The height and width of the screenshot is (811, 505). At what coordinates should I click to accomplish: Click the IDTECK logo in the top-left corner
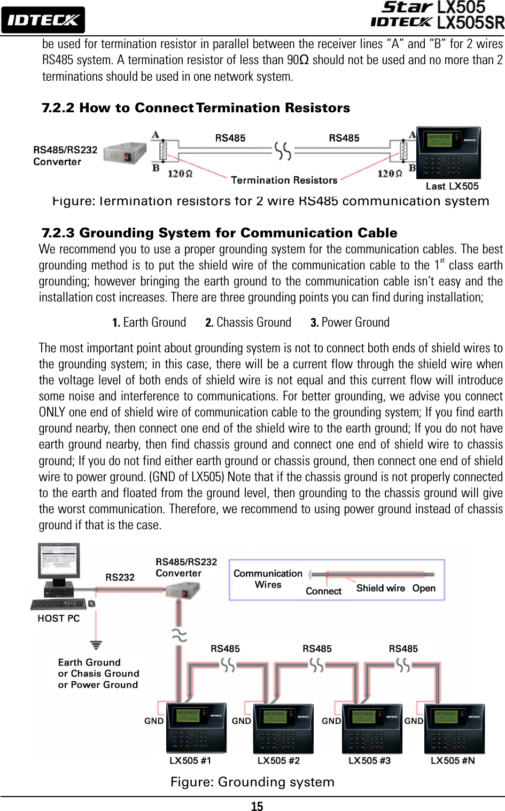43,20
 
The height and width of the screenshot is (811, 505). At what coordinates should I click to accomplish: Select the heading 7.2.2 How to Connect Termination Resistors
196,108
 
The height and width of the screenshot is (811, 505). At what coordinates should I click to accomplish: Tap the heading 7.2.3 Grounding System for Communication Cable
219,233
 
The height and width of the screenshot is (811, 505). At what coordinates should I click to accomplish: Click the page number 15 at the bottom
257,806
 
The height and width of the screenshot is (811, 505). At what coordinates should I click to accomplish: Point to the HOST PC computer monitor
59,561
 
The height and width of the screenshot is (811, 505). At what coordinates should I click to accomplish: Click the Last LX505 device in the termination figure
448,153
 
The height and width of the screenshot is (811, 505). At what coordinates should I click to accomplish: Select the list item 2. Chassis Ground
248,322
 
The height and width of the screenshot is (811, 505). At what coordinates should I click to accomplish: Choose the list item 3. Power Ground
350,322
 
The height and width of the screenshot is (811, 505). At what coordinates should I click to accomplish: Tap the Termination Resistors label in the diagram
284,180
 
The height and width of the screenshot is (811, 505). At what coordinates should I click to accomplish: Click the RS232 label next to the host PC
120,577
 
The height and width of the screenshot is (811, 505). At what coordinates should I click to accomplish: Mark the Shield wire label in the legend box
380,588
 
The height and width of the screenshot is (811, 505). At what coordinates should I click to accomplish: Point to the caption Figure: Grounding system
252,782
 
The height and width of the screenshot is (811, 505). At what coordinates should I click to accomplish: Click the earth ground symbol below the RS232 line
96,645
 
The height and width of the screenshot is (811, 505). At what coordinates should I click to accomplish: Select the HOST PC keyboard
59,604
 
